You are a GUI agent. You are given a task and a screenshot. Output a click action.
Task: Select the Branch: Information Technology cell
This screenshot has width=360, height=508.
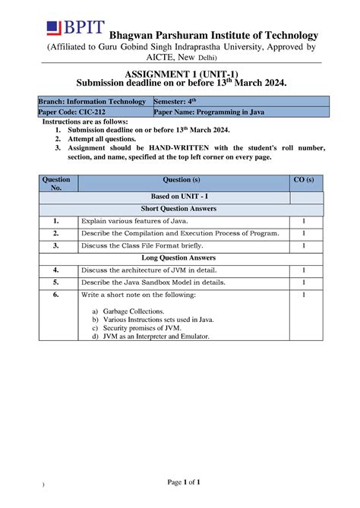95,102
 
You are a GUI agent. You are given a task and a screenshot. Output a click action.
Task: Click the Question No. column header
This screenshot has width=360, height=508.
58,183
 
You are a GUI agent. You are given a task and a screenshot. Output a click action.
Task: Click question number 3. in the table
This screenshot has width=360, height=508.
57,246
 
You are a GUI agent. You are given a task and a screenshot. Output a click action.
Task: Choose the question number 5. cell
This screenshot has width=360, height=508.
57,282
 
